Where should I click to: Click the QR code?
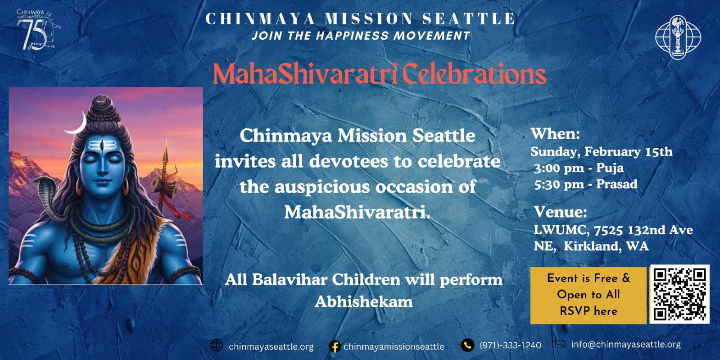(x=679, y=294)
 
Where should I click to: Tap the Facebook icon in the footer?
(x=335, y=346)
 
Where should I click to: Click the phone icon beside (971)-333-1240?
(x=468, y=345)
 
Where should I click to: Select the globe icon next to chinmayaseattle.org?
(x=216, y=345)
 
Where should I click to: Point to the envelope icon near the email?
(x=558, y=344)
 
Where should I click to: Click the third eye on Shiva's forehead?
(x=102, y=146)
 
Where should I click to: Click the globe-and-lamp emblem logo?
(x=678, y=37)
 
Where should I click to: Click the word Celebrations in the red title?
(x=474, y=75)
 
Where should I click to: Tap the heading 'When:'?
(x=555, y=133)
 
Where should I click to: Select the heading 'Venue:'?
(x=561, y=212)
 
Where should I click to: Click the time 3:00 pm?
(x=554, y=168)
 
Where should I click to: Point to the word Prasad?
(x=617, y=184)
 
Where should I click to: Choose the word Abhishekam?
(x=364, y=302)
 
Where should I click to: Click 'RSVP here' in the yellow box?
(x=589, y=311)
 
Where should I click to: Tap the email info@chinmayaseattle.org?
(x=626, y=345)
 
